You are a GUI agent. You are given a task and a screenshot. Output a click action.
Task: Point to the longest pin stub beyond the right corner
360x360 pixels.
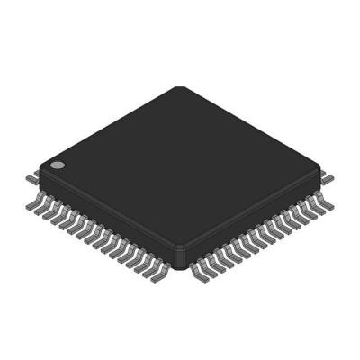pyautogui.click(x=325, y=171)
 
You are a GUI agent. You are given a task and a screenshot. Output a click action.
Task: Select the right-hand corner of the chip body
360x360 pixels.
pyautogui.click(x=320, y=166)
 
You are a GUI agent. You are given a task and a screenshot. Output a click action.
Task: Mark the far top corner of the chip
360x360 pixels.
pyautogui.click(x=179, y=87)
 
